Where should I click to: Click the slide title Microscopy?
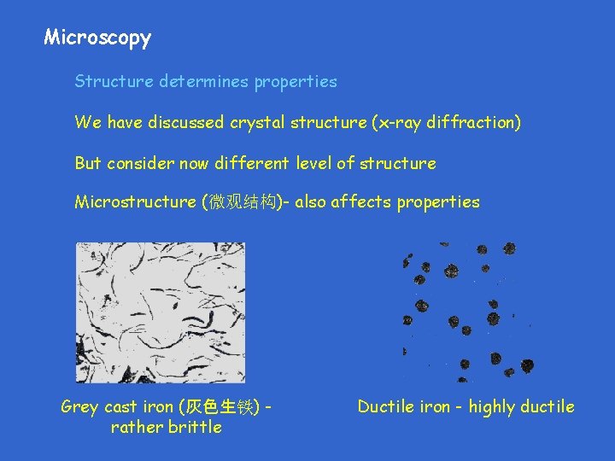click(x=97, y=38)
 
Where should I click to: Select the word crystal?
click(x=255, y=122)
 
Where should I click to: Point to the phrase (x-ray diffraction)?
click(x=446, y=122)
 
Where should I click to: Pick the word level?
click(x=319, y=163)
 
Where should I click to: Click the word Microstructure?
click(x=134, y=202)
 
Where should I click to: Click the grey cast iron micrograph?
click(x=160, y=312)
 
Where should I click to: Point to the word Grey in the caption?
click(x=79, y=407)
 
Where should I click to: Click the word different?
click(x=252, y=163)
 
